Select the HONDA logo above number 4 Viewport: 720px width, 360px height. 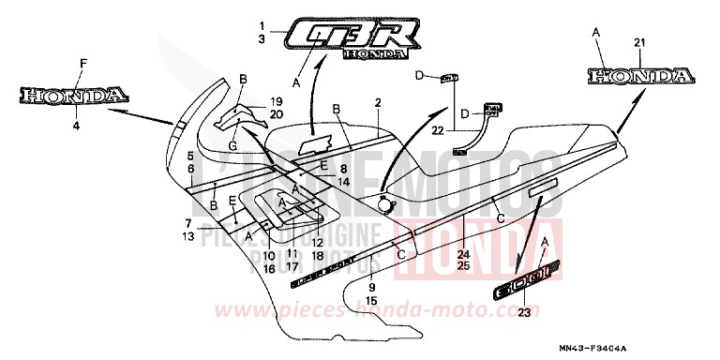click(x=72, y=95)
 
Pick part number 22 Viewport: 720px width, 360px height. click(x=438, y=133)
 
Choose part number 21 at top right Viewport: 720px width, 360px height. click(x=639, y=43)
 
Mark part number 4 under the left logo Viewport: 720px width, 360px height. click(x=78, y=122)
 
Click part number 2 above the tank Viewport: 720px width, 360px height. click(x=377, y=101)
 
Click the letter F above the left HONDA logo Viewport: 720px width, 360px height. click(x=82, y=63)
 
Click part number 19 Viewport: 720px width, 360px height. click(x=276, y=100)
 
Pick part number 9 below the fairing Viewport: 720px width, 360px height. click(x=371, y=287)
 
